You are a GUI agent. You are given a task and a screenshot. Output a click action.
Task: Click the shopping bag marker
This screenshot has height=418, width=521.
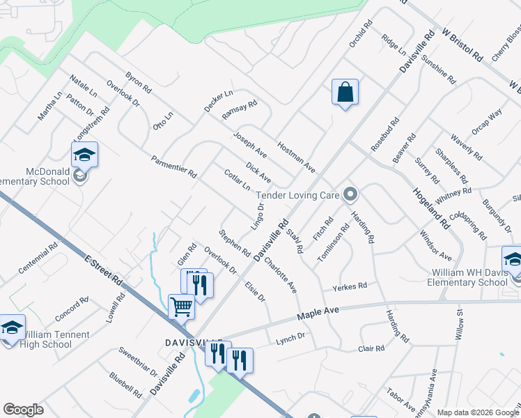tap(345, 92)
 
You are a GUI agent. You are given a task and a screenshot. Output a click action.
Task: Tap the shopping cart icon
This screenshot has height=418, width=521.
tap(181, 306)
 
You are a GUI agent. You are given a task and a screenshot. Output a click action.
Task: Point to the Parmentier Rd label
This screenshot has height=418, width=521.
tap(174, 167)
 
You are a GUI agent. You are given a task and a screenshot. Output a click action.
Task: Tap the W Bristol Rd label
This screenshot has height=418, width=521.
tap(461, 44)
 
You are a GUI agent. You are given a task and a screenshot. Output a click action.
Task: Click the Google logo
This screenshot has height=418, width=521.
tap(23, 410)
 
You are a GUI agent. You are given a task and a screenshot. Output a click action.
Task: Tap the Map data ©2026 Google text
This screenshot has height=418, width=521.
tap(479, 412)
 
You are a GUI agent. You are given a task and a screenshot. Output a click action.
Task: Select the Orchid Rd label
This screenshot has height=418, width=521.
tap(360, 33)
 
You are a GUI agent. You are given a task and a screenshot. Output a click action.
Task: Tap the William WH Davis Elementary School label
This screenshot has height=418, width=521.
tap(463, 277)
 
